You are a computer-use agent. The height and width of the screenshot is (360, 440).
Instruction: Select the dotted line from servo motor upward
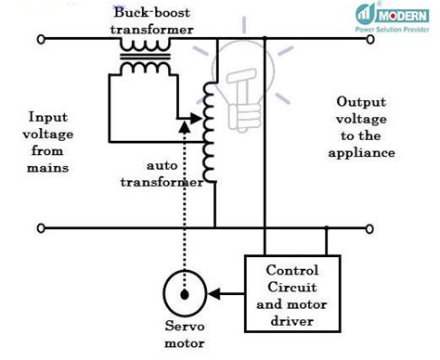tap(186, 204)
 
